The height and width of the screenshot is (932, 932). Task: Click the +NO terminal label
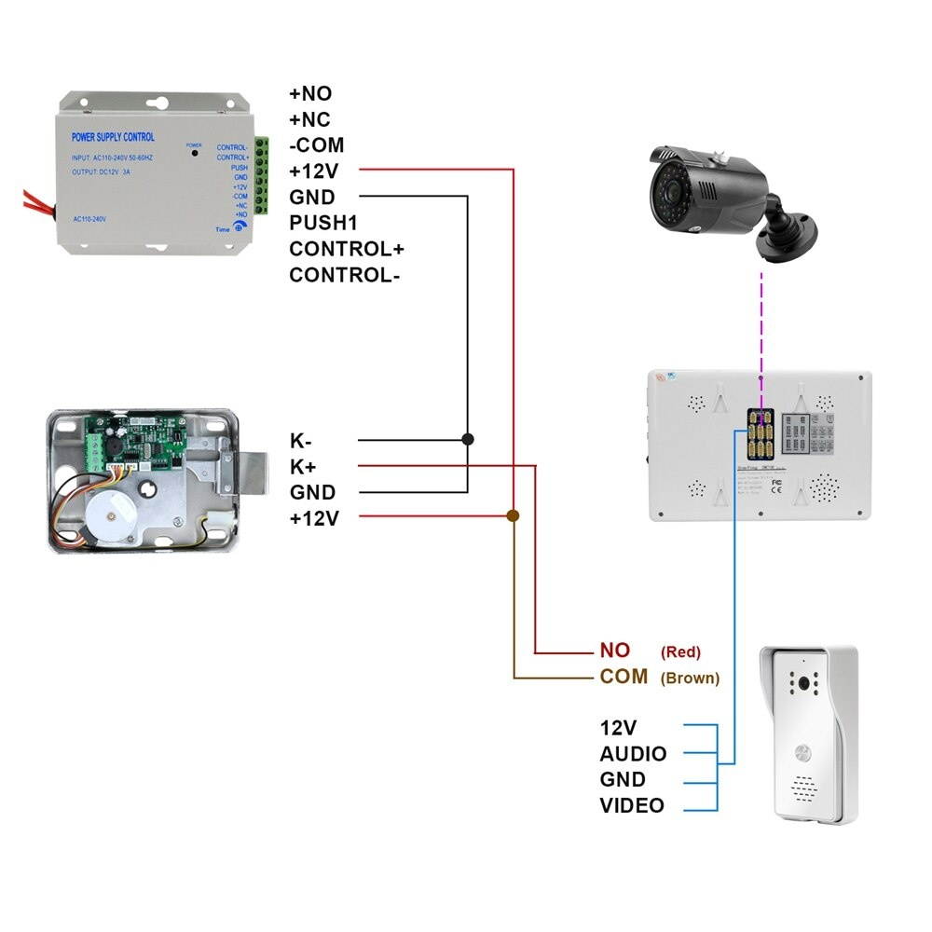tap(310, 94)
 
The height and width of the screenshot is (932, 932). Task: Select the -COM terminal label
tap(316, 145)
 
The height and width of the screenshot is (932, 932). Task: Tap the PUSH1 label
tap(323, 224)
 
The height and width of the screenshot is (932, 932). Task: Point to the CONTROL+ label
tap(346, 249)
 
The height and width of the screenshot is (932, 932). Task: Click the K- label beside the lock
tap(301, 441)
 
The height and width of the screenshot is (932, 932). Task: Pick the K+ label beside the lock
tap(302, 467)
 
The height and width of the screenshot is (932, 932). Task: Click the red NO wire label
tap(615, 651)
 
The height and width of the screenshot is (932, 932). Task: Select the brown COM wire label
tap(624, 677)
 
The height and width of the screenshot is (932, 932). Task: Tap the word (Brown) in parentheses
tap(690, 678)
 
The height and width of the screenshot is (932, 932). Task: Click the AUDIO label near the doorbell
tap(633, 754)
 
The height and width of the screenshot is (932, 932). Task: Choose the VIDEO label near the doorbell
tap(632, 806)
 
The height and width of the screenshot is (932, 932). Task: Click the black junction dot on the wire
tap(468, 438)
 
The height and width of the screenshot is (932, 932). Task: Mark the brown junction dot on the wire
tap(513, 515)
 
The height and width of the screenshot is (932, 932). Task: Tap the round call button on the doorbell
tap(802, 752)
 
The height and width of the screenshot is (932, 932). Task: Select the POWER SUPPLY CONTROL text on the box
tap(114, 137)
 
